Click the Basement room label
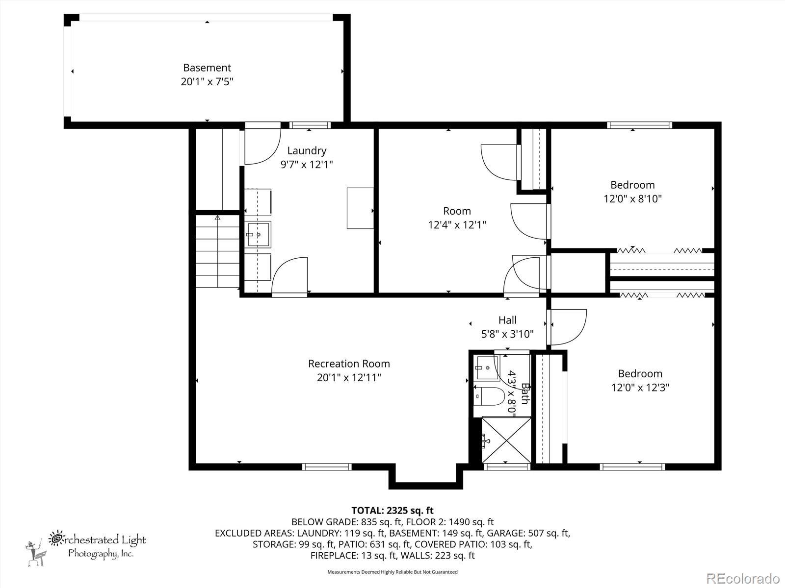[207, 68]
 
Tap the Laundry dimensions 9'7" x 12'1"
[307, 165]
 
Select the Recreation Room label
[349, 364]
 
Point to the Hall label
[507, 320]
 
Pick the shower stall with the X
[506, 440]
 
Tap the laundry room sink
[258, 234]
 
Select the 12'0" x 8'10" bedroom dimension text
[632, 198]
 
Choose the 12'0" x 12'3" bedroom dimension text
[640, 388]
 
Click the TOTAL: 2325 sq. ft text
[392, 511]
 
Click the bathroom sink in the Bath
[486, 367]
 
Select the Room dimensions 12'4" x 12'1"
[457, 225]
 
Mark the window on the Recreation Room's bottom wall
[327, 467]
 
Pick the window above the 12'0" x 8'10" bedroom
[639, 125]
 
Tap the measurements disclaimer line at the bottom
[392, 572]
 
